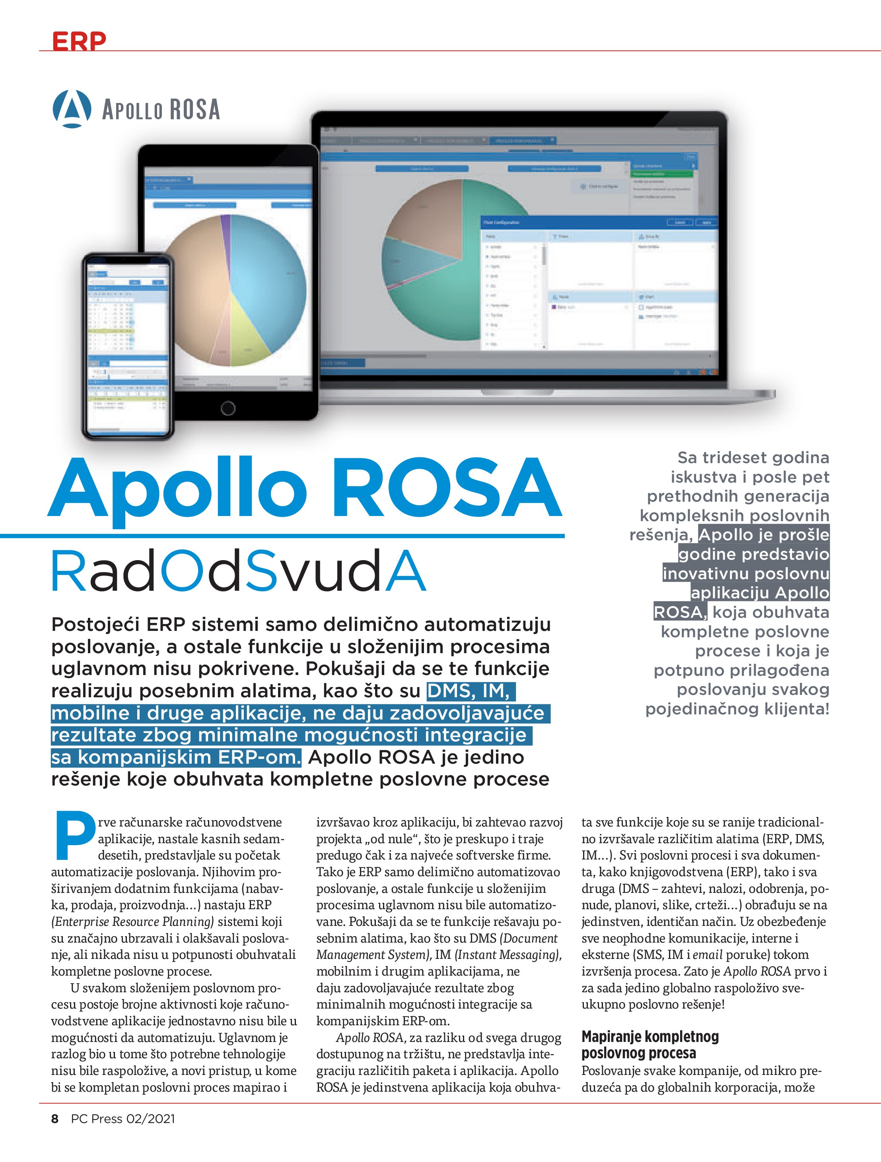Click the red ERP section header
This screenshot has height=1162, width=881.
[79, 41]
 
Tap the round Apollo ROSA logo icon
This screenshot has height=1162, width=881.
[72, 109]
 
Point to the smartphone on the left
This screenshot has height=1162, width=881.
[128, 347]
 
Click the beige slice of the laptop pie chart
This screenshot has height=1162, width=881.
[420, 221]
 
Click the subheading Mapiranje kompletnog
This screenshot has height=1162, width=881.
[650, 1036]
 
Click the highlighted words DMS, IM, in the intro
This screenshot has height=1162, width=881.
[469, 691]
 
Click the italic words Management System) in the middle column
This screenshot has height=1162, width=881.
[374, 954]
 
